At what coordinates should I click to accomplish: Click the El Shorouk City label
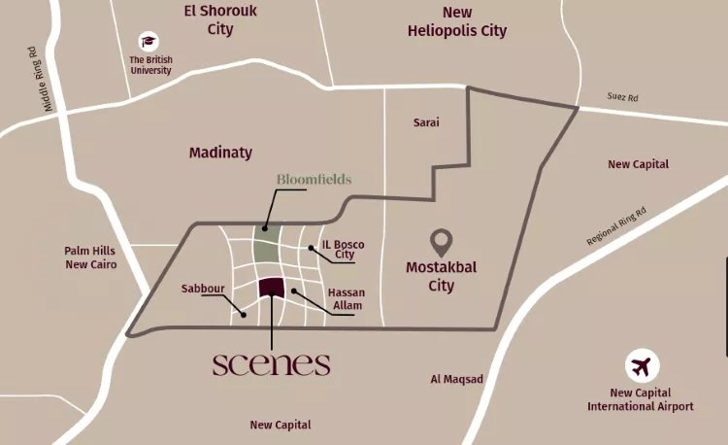tap(220, 20)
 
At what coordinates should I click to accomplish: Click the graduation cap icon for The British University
tap(149, 41)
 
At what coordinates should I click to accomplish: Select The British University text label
tap(150, 64)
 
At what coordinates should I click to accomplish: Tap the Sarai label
tap(426, 123)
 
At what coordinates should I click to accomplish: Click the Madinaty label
tap(220, 153)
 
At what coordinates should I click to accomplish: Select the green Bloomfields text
tap(314, 180)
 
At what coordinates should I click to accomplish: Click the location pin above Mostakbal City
tap(442, 241)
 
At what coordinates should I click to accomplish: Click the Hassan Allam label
tap(346, 299)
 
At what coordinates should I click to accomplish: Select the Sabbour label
tap(202, 289)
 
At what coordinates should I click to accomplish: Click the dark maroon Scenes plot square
tap(272, 289)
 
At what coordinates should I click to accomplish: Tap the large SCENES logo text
tap(271, 364)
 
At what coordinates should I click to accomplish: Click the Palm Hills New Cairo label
tap(90, 257)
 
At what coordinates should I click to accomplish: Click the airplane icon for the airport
tap(640, 366)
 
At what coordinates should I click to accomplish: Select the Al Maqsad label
tap(456, 379)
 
